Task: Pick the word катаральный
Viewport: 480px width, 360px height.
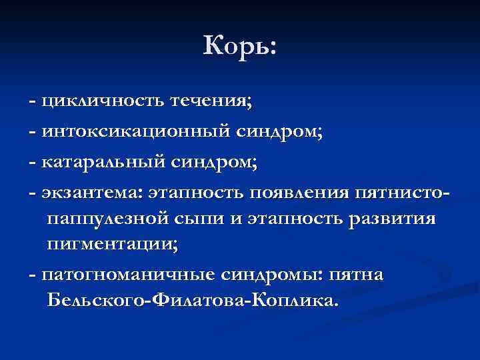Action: [103, 162]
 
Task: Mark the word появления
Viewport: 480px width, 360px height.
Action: [299, 192]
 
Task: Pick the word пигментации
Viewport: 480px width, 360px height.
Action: [111, 245]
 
